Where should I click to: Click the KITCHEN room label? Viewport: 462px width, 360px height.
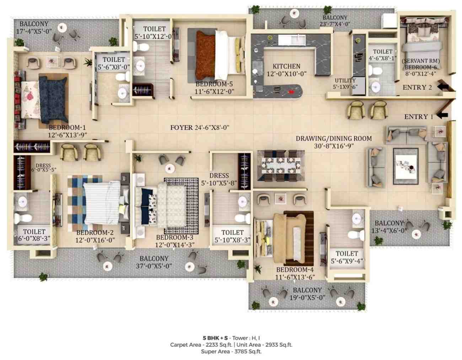[286, 66]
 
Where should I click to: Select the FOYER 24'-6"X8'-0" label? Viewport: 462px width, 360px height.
[200, 127]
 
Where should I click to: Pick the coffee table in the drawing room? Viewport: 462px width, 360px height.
[405, 166]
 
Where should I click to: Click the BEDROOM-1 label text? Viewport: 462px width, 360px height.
[67, 128]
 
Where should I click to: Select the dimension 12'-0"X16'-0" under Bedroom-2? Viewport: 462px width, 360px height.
[95, 240]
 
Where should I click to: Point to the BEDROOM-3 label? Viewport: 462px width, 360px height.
[175, 237]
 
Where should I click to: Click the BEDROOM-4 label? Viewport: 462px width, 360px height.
[295, 270]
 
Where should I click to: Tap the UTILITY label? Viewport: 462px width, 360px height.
[345, 80]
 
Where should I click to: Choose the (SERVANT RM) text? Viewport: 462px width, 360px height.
[421, 61]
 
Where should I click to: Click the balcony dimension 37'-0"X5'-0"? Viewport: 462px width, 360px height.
[154, 266]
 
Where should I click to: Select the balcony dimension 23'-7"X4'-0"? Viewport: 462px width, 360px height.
[335, 24]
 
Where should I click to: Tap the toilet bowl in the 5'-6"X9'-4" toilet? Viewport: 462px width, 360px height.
[356, 235]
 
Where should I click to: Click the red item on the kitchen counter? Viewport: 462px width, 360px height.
[291, 92]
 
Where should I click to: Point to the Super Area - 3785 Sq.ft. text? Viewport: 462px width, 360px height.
[231, 351]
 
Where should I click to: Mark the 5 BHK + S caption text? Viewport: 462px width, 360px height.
[215, 338]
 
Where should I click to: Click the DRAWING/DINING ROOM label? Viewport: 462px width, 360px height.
[334, 138]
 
